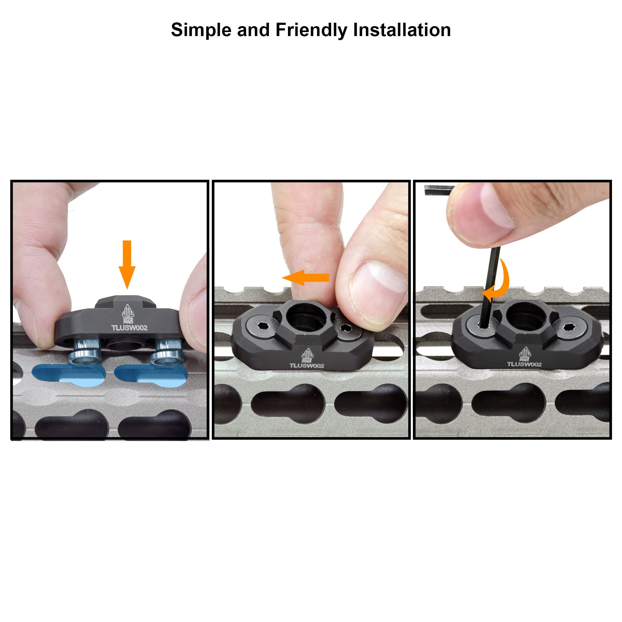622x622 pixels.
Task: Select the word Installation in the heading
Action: (402, 30)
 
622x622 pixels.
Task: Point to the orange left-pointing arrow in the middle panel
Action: (305, 277)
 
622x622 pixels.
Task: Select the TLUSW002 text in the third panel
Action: (524, 364)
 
